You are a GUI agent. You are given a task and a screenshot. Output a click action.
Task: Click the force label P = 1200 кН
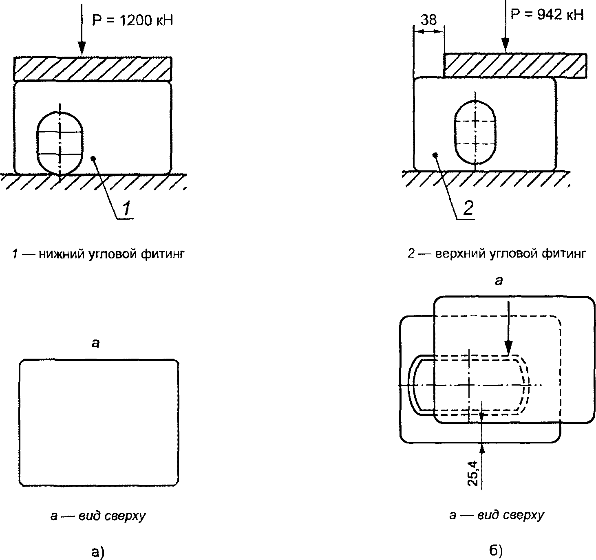[132, 20]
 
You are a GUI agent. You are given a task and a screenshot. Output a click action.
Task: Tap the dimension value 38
[428, 20]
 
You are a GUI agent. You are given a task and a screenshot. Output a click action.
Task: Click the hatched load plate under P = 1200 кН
[93, 69]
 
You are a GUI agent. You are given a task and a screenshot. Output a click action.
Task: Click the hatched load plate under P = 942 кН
[515, 65]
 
